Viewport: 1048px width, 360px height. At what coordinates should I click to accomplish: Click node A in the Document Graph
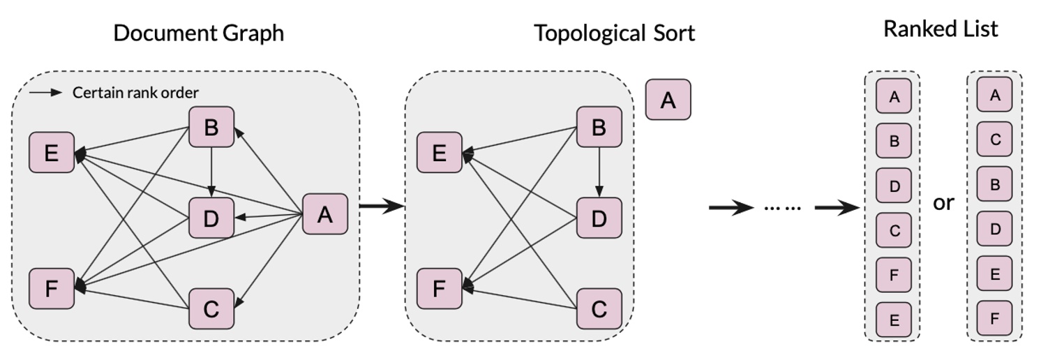pyautogui.click(x=324, y=213)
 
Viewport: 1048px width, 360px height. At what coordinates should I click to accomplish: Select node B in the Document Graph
pyautogui.click(x=211, y=127)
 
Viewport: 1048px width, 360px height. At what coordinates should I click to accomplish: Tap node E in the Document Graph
pyautogui.click(x=51, y=152)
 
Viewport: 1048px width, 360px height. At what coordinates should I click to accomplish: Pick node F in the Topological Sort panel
pyautogui.click(x=439, y=288)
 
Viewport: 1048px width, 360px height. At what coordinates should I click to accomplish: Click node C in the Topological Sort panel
pyautogui.click(x=598, y=308)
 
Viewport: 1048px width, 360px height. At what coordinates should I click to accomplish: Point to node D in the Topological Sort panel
pyautogui.click(x=599, y=218)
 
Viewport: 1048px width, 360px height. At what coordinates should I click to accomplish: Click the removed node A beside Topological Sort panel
pyautogui.click(x=668, y=100)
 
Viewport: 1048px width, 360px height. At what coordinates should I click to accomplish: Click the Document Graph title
pyautogui.click(x=198, y=33)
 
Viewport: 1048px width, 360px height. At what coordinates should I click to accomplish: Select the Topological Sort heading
pyautogui.click(x=614, y=33)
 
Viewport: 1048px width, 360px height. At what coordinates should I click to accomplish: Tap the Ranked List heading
pyautogui.click(x=941, y=29)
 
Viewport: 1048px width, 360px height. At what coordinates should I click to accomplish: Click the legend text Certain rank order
pyautogui.click(x=135, y=93)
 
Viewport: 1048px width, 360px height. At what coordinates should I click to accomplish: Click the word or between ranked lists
pyautogui.click(x=943, y=203)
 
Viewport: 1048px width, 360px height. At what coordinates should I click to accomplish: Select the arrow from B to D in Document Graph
pyautogui.click(x=211, y=172)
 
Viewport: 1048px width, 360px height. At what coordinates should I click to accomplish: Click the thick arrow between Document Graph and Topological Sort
pyautogui.click(x=381, y=206)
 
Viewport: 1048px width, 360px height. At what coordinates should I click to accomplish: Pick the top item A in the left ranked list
pyautogui.click(x=894, y=97)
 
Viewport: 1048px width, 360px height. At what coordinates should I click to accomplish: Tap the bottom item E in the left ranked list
pyautogui.click(x=894, y=320)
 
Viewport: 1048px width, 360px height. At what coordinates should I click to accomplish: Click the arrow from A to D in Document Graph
pyautogui.click(x=269, y=216)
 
